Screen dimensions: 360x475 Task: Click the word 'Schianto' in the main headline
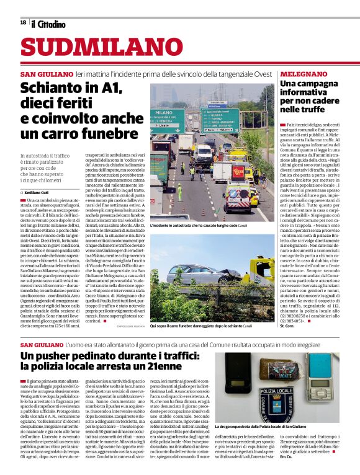click(51, 89)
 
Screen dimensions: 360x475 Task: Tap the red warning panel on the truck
click(238, 172)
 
